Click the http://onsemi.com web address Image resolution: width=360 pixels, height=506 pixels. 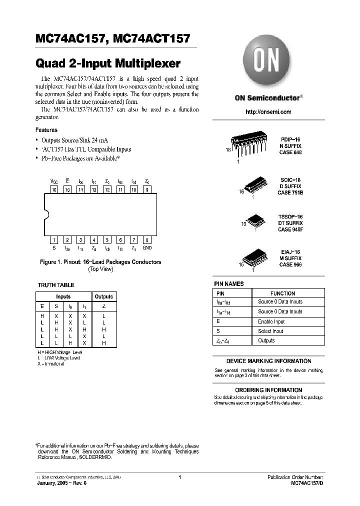click(x=268, y=112)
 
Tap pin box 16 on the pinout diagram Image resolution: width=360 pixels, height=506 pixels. click(x=54, y=189)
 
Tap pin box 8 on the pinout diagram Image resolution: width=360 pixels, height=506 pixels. click(x=146, y=189)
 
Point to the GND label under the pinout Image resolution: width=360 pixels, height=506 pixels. click(x=146, y=247)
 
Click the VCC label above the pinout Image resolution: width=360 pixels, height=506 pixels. click(x=54, y=181)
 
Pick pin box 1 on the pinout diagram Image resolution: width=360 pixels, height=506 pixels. click(x=54, y=239)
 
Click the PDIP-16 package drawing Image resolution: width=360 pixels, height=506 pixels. click(x=247, y=145)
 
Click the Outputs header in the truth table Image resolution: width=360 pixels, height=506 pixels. click(x=104, y=296)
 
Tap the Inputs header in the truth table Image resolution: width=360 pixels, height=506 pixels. click(x=63, y=296)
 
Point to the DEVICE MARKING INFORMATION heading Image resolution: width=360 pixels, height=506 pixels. click(x=268, y=361)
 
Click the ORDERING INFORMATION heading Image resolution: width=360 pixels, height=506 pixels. click(x=268, y=390)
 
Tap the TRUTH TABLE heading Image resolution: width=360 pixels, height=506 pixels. click(x=56, y=285)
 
